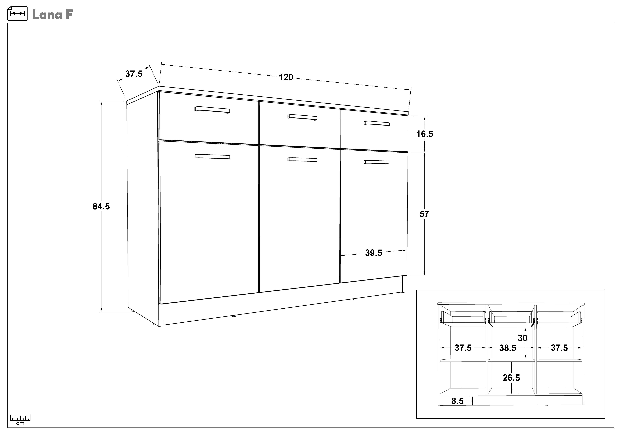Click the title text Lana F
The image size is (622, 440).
pyautogui.click(x=52, y=15)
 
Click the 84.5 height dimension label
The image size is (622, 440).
pyautogui.click(x=101, y=206)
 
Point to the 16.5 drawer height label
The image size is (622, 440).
pyautogui.click(x=425, y=134)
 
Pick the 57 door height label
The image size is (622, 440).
pyautogui.click(x=424, y=214)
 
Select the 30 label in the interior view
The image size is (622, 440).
pyautogui.click(x=523, y=338)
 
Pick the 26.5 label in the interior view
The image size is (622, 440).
pyautogui.click(x=512, y=378)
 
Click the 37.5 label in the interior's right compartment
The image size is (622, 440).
pyautogui.click(x=559, y=348)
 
